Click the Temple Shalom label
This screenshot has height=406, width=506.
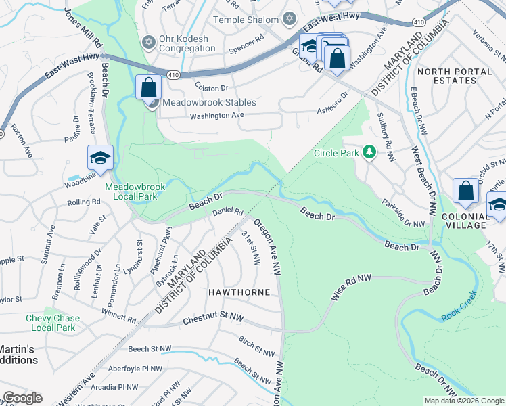coord(246,20)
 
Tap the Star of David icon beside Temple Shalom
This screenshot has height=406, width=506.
coord(290,18)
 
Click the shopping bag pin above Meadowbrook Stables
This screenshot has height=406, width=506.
coord(148,87)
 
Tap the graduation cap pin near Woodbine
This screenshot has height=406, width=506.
coord(100,158)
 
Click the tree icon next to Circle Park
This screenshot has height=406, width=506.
coord(369,152)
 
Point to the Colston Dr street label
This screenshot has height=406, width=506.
coord(212,88)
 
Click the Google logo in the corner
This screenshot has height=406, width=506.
coord(22,398)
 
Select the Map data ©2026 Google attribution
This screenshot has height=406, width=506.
coord(463,401)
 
